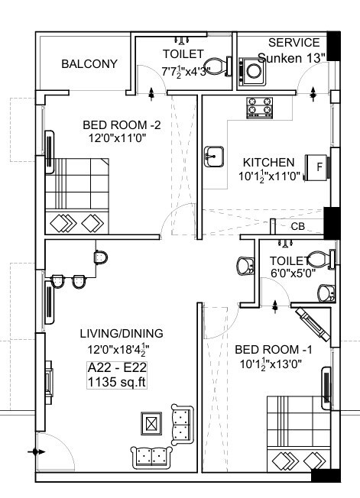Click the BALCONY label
coord(89,64)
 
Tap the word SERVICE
coord(294,42)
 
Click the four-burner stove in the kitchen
coord(259,108)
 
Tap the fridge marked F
coord(316,166)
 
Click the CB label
coord(297,227)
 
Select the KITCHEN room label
coord(268,163)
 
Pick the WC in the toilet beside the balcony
coord(217,66)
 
